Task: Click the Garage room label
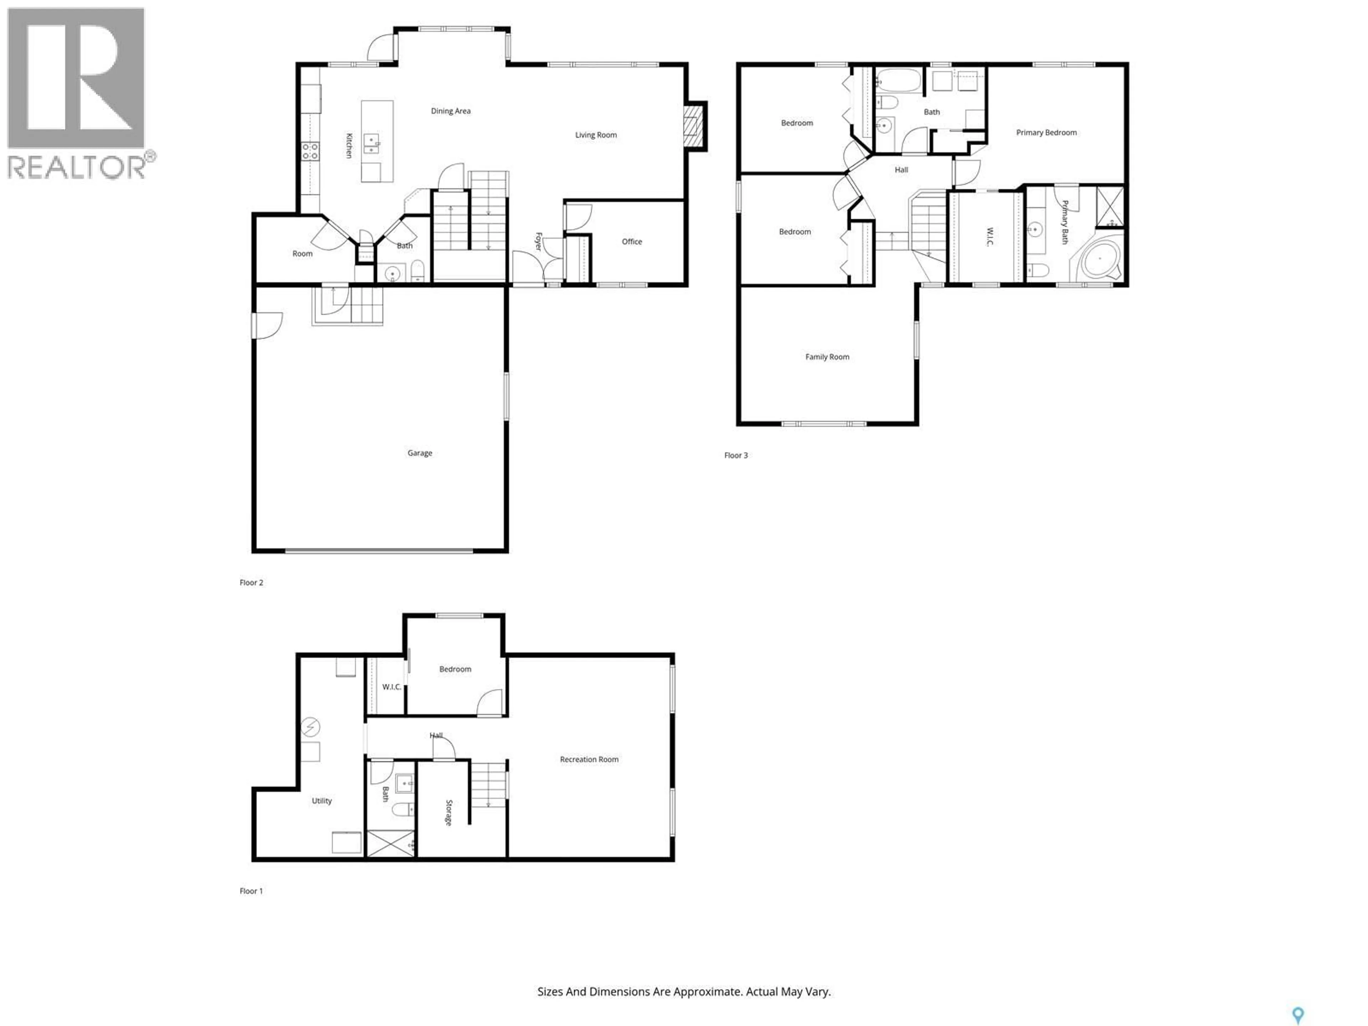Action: click(x=419, y=453)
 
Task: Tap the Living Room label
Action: click(x=596, y=135)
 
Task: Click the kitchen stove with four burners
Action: click(x=310, y=151)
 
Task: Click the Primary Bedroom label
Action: click(x=1046, y=133)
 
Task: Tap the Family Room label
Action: click(x=827, y=357)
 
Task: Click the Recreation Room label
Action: click(x=589, y=760)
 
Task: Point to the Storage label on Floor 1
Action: click(x=449, y=813)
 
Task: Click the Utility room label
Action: click(x=322, y=801)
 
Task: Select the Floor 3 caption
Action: click(x=736, y=455)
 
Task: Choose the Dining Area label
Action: click(x=450, y=111)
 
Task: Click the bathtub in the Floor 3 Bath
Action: click(x=898, y=81)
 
